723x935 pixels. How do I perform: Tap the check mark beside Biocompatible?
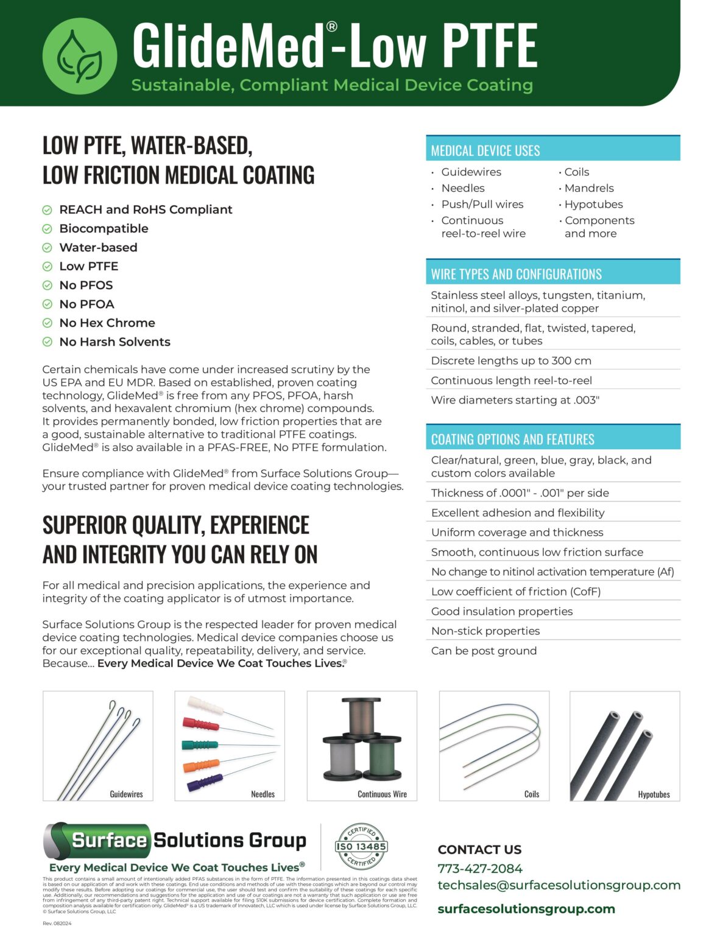47,229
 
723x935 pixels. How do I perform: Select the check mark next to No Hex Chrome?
47,323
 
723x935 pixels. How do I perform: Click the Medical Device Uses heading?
485,150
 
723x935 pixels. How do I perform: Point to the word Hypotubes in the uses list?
593,205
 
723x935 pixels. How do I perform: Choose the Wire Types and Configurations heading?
516,274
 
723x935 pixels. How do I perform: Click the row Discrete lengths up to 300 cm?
511,360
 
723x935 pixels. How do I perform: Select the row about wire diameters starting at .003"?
515,400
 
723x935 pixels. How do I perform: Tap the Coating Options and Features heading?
512,439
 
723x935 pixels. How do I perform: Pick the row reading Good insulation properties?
502,611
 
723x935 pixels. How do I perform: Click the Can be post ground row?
484,651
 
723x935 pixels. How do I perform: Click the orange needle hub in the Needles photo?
200,765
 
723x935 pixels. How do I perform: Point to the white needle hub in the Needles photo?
206,706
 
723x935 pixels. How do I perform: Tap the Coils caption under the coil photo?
531,794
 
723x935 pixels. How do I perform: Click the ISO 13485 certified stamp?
361,846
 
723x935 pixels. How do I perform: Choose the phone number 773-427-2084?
480,869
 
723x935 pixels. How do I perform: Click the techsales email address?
559,885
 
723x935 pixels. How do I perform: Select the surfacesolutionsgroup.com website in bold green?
526,909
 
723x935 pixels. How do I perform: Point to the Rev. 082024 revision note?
57,923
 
